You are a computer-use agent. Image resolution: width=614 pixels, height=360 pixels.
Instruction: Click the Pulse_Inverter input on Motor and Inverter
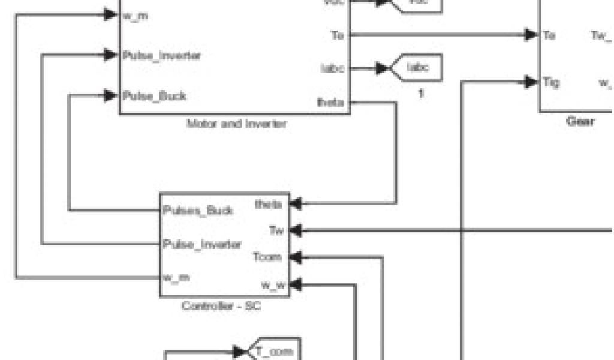pyautogui.click(x=161, y=56)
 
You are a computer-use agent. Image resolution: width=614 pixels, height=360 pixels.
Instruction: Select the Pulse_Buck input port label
pyautogui.click(x=154, y=96)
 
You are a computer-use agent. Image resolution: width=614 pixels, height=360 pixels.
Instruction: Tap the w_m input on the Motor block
pyautogui.click(x=135, y=16)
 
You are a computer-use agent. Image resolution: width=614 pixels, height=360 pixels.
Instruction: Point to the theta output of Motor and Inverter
pyautogui.click(x=330, y=103)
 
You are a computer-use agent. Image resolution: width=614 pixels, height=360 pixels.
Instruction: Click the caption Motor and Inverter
pyautogui.click(x=236, y=124)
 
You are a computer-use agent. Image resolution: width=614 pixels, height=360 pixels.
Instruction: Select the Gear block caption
pyautogui.click(x=580, y=122)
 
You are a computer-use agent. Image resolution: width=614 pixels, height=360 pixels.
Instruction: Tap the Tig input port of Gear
pyautogui.click(x=550, y=82)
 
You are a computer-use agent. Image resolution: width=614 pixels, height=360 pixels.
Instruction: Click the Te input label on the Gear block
pyautogui.click(x=549, y=35)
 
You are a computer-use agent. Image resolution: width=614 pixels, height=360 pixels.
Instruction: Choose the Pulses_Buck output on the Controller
pyautogui.click(x=198, y=211)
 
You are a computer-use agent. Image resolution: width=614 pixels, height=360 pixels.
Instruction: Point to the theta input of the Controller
pyautogui.click(x=268, y=204)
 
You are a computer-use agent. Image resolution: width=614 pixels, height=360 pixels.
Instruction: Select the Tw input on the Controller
pyautogui.click(x=276, y=230)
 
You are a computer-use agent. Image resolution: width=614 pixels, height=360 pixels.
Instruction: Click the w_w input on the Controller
pyautogui.click(x=273, y=284)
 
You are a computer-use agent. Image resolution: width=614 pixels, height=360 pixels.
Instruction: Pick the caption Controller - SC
pyautogui.click(x=221, y=306)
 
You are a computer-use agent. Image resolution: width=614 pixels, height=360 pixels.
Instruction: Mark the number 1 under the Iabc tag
pyautogui.click(x=421, y=94)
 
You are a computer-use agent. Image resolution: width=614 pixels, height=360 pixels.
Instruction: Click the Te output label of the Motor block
pyautogui.click(x=338, y=35)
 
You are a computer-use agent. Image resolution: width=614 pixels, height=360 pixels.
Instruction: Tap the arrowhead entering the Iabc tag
pyautogui.click(x=382, y=68)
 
